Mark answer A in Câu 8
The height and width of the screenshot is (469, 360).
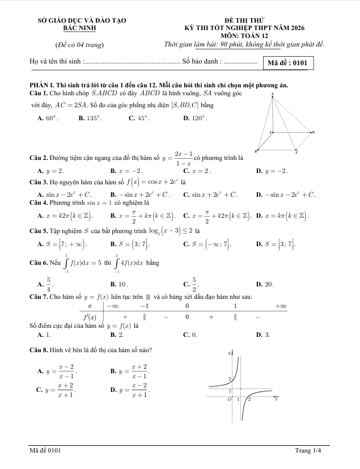(x=57, y=371)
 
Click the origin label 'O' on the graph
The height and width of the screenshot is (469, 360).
(x=230, y=399)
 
